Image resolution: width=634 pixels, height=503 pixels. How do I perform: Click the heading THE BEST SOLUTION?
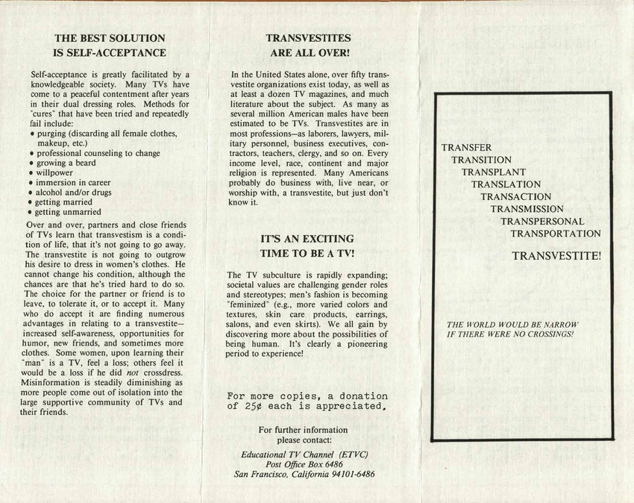[110, 37]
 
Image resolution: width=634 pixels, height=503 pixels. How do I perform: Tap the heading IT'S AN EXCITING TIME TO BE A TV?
[307, 246]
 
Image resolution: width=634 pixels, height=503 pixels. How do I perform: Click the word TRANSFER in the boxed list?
[466, 148]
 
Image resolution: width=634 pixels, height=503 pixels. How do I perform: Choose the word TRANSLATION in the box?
[506, 184]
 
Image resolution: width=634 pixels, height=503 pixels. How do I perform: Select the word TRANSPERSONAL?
[542, 222]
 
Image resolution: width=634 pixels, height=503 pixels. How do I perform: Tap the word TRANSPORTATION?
[555, 234]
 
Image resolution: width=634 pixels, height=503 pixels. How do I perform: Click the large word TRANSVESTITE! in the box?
[556, 256]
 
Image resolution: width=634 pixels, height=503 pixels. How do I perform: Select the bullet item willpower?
[54, 172]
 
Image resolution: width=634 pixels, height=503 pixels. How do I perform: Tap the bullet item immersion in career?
[74, 182]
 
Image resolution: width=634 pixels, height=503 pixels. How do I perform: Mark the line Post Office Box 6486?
[304, 463]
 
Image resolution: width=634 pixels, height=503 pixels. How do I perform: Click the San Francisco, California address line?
[304, 474]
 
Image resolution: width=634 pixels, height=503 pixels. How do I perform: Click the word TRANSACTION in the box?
[515, 197]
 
